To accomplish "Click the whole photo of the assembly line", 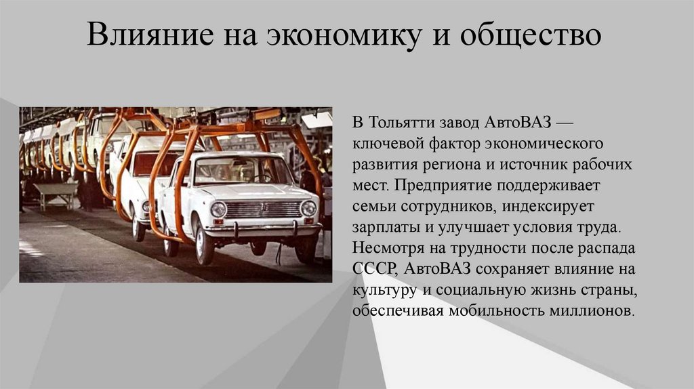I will coord(176,194).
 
